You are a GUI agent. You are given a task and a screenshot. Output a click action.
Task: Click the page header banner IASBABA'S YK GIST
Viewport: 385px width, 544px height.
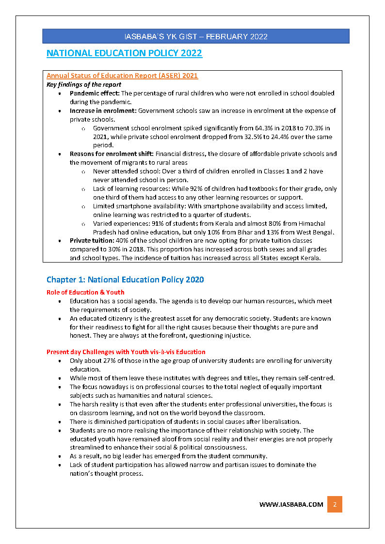[x=195, y=36]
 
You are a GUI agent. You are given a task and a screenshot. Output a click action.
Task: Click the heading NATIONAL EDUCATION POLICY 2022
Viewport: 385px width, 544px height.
[x=124, y=53]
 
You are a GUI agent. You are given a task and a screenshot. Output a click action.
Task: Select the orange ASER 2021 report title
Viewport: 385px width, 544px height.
[x=122, y=76]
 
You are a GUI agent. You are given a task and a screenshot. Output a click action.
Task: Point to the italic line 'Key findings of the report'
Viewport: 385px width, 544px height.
[x=84, y=84]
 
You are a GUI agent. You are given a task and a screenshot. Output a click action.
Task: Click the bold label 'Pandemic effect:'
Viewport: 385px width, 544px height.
[x=95, y=93]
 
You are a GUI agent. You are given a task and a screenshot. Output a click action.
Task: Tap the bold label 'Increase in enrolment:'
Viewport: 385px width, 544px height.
[x=103, y=110]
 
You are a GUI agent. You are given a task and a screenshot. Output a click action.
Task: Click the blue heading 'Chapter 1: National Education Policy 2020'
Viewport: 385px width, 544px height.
[x=125, y=280]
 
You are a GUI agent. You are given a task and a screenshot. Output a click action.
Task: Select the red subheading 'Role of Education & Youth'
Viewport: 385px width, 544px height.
[x=85, y=292]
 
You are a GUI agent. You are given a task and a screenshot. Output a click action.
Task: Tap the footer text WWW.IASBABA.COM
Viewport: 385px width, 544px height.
[x=291, y=504]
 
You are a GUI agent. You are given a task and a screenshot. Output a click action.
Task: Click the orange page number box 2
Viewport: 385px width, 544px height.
[x=335, y=504]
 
